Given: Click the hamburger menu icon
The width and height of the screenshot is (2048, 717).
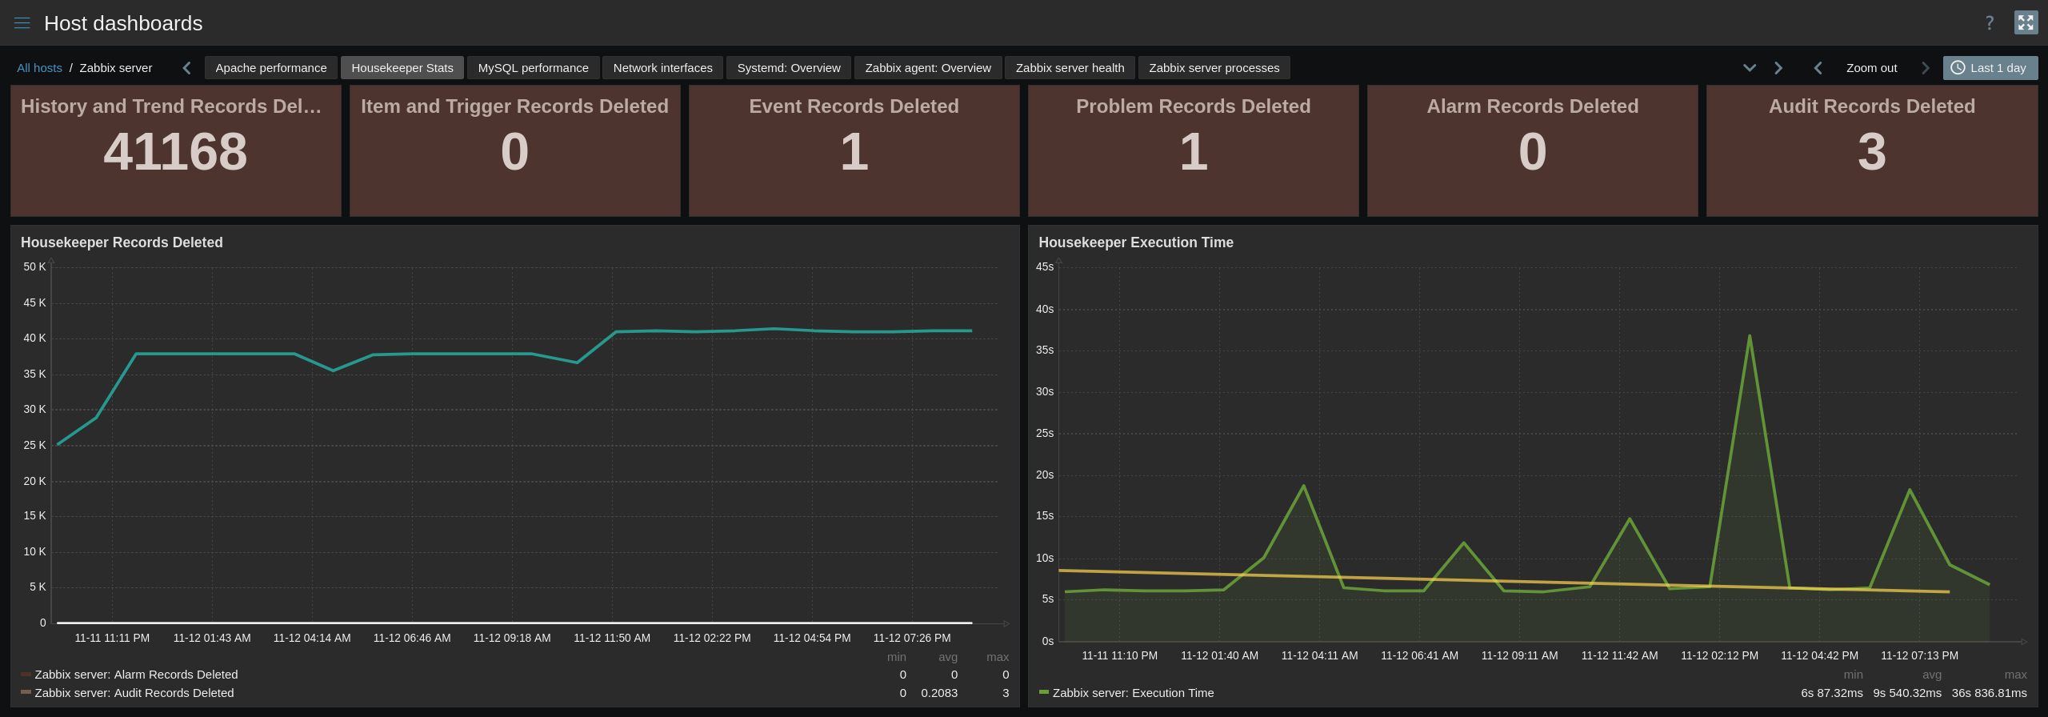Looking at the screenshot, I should click(x=22, y=23).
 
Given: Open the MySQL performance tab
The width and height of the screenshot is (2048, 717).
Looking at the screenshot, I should click(x=533, y=68).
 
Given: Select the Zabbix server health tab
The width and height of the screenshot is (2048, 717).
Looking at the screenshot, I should click(x=1070, y=68).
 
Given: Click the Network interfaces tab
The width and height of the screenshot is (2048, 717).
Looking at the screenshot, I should click(x=662, y=68).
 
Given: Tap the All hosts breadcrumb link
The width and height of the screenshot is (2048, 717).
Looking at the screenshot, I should click(x=39, y=68).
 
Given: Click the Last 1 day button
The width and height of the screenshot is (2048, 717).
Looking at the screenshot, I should click(x=1990, y=68).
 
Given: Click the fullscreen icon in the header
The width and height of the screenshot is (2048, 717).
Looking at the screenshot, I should click(x=2026, y=22).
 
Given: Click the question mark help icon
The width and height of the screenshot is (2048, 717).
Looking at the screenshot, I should click(x=1990, y=23).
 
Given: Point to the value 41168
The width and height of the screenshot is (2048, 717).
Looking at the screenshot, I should click(x=175, y=152).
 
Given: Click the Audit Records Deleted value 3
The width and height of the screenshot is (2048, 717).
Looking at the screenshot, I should click(x=1871, y=152).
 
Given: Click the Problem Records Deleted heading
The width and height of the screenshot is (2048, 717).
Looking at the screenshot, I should click(x=1193, y=106).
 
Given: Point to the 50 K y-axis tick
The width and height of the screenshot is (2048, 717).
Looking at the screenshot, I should click(x=34, y=266).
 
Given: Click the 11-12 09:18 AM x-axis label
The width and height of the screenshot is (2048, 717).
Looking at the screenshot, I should click(x=512, y=638).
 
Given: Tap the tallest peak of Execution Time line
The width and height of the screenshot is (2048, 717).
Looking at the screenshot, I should click(x=1750, y=337).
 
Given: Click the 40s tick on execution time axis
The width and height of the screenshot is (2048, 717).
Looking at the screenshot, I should click(x=1045, y=309).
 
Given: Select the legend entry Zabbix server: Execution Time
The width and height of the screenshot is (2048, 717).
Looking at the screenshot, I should click(x=1133, y=693).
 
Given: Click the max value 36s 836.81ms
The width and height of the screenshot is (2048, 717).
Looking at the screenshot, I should click(x=1989, y=693).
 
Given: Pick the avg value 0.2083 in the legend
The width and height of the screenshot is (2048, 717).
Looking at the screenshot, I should click(x=938, y=693).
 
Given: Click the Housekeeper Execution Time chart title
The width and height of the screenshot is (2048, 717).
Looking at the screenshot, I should click(x=1135, y=242).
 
